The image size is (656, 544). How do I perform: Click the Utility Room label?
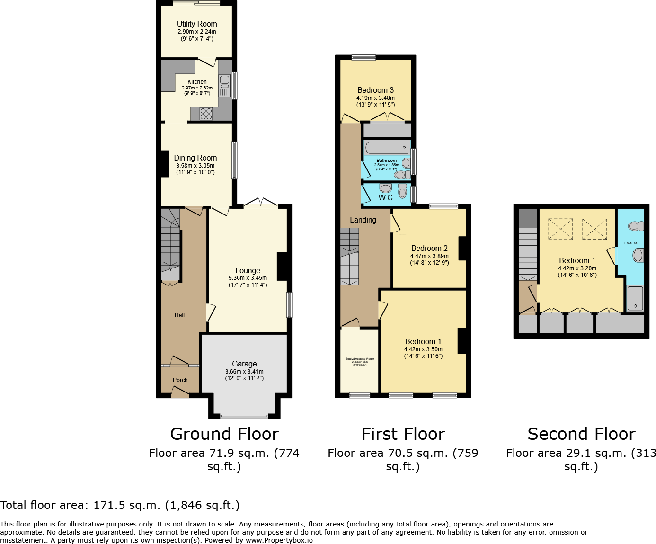pos(197,24)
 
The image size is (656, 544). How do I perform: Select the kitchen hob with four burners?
pos(206,114)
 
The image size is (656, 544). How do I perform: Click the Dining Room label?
pos(195,158)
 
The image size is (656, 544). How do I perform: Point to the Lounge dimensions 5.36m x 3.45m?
pos(248,278)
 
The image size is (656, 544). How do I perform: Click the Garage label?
pos(244,364)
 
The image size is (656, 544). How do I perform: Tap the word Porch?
pos(180,380)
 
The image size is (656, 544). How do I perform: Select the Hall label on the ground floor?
pos(179,315)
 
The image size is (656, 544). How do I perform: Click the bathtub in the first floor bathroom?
pos(386,147)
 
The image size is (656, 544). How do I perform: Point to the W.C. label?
pos(386,198)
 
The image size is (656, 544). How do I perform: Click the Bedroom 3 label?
pos(375,90)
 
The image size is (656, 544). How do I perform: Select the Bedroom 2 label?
pos(429,248)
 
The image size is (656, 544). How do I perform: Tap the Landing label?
pos(363,220)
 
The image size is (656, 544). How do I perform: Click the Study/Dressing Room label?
pos(360,359)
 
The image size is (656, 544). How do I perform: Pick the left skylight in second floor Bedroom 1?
pos(560,229)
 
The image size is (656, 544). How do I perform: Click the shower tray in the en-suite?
pos(635,298)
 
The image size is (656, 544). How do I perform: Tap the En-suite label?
pos(630,243)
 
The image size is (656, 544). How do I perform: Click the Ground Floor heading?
pos(224,434)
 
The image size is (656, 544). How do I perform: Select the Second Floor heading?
pos(581,434)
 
